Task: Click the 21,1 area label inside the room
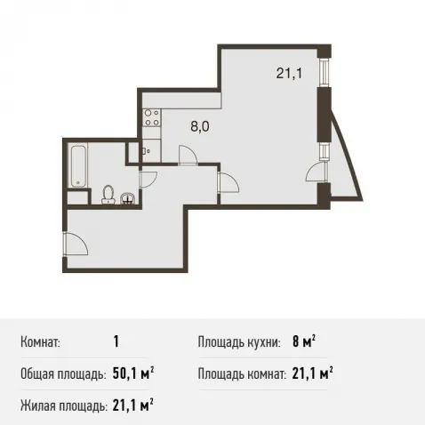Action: pos(289,73)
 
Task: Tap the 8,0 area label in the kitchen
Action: pos(200,126)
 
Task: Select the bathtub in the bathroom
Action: pos(78,165)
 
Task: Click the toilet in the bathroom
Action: pos(108,195)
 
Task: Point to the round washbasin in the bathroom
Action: pos(128,199)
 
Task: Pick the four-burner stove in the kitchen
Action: pos(151,117)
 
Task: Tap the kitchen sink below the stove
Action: pos(151,151)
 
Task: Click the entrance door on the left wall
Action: pos(76,244)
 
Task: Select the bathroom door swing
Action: pos(148,180)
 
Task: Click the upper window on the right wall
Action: pos(325,73)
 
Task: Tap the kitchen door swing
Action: pos(188,155)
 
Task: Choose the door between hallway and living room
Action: pos(229,183)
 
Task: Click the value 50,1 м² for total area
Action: pos(133,374)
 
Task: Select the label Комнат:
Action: pos(40,342)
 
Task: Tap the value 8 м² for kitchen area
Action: pos(304,342)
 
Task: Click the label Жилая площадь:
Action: pos(64,405)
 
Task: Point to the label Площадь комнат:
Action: pos(242,374)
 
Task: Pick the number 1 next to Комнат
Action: pos(116,342)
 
